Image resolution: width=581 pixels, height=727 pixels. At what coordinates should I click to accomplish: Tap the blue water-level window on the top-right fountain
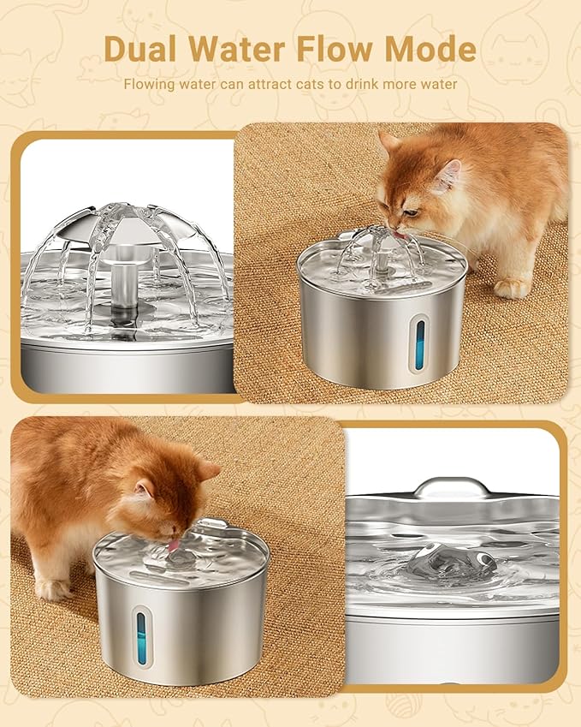coord(420,343)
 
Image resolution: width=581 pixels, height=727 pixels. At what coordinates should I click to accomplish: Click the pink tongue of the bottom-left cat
coord(174,545)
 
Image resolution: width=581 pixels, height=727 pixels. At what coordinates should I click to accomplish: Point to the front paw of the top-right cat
coord(512,287)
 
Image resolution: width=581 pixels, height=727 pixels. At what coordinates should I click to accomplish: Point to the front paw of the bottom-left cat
coord(52,588)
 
